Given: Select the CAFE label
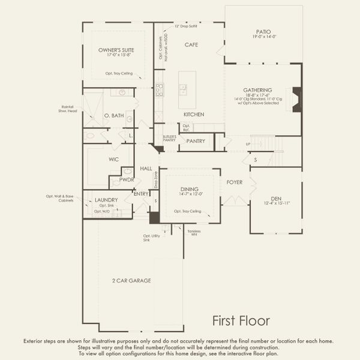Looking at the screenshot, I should point(191,45).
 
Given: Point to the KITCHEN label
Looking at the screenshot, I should point(194,114).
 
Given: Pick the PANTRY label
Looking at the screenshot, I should point(196,141).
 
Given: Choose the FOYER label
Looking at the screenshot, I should point(235,182).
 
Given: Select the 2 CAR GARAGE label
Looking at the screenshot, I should point(131,280).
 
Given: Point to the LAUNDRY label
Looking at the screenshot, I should point(106,200).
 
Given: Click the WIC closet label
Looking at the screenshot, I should point(113,160).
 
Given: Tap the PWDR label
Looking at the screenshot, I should point(126,179).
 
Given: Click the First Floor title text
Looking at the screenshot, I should point(241,320).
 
